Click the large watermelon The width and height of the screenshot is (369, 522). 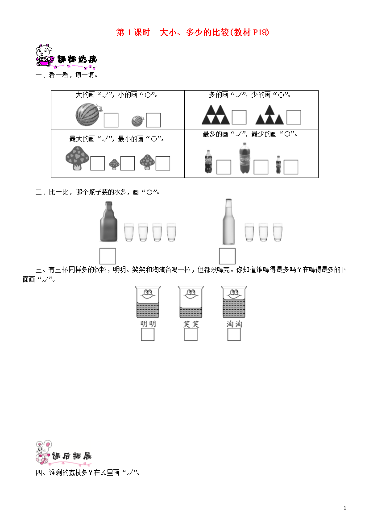[88, 114]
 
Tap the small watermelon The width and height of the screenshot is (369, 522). [137, 121]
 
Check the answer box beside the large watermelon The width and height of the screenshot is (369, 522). [111, 120]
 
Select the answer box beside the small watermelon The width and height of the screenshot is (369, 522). [153, 120]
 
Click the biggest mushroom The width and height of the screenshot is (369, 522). [77, 158]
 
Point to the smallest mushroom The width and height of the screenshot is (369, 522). [114, 164]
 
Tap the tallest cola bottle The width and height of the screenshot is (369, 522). [245, 158]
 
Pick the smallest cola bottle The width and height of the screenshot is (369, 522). [278, 165]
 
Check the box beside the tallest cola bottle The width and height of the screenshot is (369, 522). [261, 167]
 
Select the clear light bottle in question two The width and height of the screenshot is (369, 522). [228, 222]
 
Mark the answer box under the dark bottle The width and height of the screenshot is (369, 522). [108, 257]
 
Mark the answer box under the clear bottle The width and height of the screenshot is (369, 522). [227, 257]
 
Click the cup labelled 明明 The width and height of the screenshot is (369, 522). [148, 302]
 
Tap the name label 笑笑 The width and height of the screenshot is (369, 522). [191, 324]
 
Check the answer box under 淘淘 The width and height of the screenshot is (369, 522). [234, 335]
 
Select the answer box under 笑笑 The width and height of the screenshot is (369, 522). [191, 335]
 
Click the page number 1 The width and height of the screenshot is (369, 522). [345, 508]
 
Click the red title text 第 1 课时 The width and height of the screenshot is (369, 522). [133, 32]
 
